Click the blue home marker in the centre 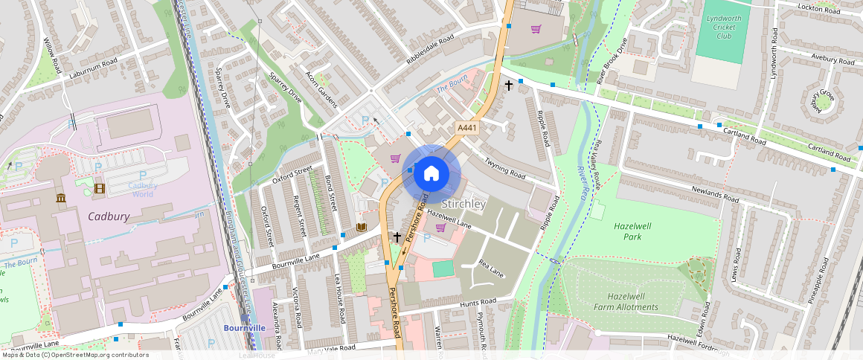(x=431, y=174)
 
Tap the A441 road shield (x=466, y=128)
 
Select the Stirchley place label (x=463, y=204)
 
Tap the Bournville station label (x=245, y=327)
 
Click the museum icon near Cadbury (x=60, y=198)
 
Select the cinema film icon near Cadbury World (x=100, y=187)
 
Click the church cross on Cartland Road (x=509, y=86)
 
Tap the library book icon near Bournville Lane (x=362, y=227)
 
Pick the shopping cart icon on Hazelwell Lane (x=440, y=228)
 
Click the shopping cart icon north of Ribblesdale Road (x=536, y=29)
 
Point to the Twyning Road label (x=506, y=167)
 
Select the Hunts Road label (x=478, y=302)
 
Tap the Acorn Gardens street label (x=322, y=89)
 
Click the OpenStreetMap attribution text (x=75, y=355)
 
